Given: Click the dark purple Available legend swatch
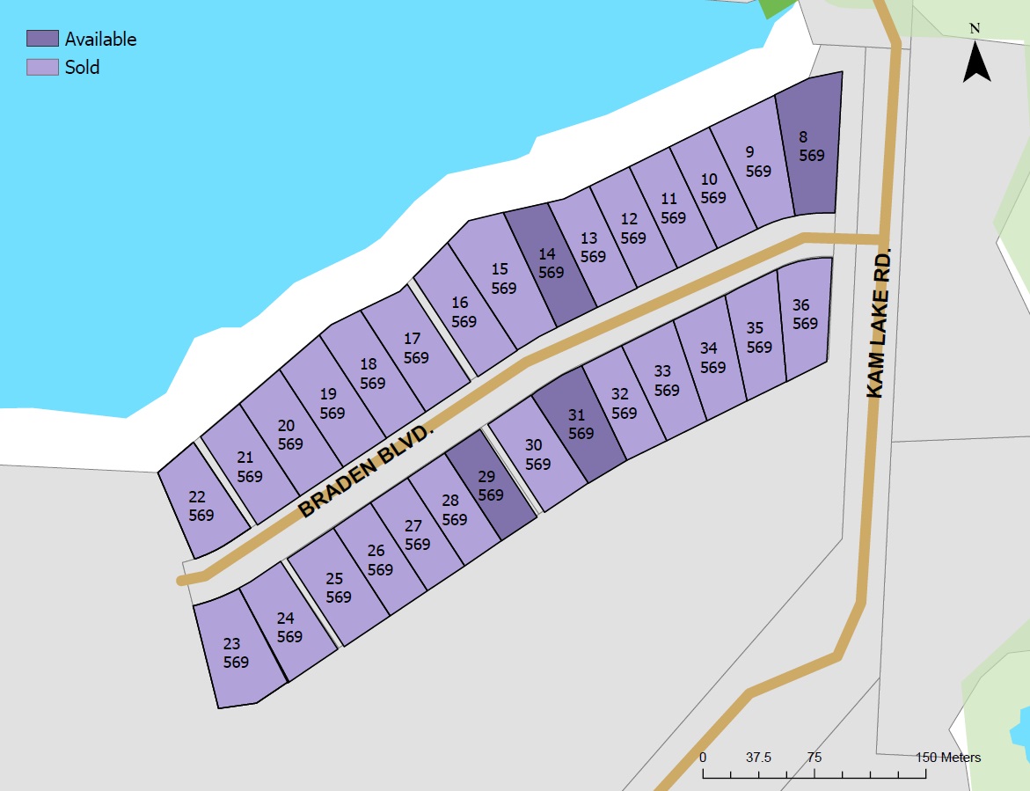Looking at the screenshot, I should pos(42,39).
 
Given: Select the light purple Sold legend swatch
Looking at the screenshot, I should pos(42,67).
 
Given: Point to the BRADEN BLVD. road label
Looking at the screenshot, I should pos(367,470).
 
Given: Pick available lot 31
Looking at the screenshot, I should pos(579,424).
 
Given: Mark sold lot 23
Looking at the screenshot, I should pos(236,653).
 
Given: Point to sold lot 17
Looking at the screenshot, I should pos(415,348).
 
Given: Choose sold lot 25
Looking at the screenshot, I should pos(338,588).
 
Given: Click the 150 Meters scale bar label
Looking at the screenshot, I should pos(947,757).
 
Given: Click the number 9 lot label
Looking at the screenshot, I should pos(749,151).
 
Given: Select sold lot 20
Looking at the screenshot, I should pos(289,435).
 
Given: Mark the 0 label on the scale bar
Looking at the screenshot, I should pos(703,757).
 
